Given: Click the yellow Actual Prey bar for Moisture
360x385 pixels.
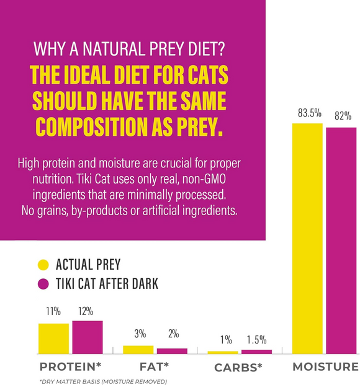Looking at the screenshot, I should [x=307, y=239].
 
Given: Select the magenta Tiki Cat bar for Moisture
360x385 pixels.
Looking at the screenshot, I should [x=341, y=241].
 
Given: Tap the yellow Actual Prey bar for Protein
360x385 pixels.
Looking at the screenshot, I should [x=53, y=339].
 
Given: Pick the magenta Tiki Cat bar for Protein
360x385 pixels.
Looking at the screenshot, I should [x=88, y=337].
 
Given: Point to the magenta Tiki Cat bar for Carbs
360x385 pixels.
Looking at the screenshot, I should [x=256, y=352].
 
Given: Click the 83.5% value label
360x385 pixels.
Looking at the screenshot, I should [x=308, y=113].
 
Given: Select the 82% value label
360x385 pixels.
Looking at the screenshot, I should [x=342, y=116].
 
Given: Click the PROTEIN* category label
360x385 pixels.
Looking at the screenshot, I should [x=70, y=367].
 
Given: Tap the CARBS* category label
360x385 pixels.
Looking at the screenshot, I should [x=238, y=367].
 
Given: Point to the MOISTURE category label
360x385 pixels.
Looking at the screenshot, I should [x=325, y=367].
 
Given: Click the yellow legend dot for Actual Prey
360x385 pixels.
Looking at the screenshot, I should [x=43, y=265].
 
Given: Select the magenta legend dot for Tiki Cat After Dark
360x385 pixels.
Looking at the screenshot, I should [x=43, y=284].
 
